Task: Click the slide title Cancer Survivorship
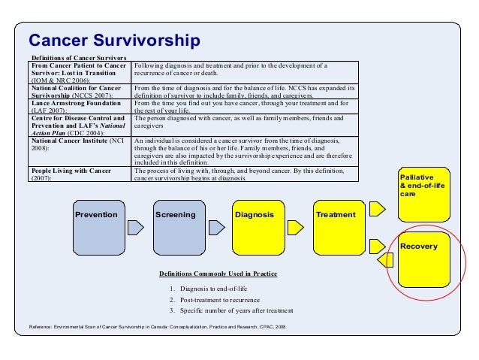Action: tap(114, 40)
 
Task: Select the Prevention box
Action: tap(101, 228)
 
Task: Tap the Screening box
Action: tap(179, 228)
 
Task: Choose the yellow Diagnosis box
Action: tap(258, 228)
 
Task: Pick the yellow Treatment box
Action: tap(338, 228)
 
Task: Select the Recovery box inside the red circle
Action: tap(423, 259)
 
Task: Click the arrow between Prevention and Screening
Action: tap(136, 228)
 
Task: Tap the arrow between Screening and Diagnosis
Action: tap(215, 228)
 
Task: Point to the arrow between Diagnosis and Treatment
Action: tap(295, 228)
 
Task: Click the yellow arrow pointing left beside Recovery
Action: tap(387, 260)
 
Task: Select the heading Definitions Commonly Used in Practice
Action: tap(218, 274)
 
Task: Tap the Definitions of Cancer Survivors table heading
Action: tap(78, 58)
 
